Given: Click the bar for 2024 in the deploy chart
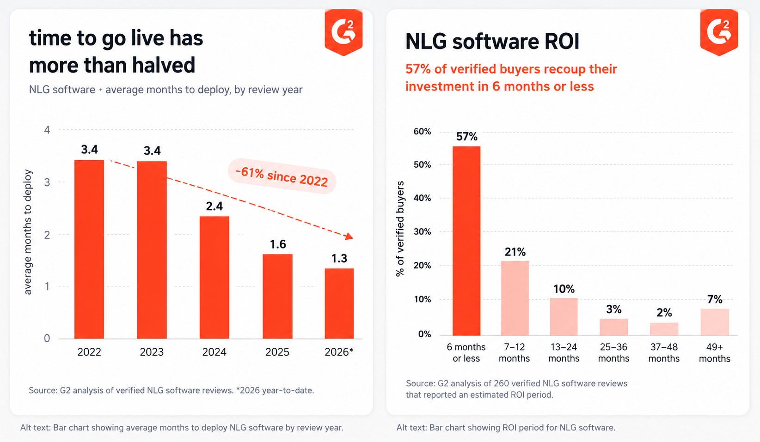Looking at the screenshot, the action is tap(215, 277).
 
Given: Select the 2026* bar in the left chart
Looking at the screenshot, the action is tap(339, 303).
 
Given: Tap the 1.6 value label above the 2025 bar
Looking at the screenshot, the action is tap(278, 244).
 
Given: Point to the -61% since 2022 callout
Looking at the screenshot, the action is tap(282, 176).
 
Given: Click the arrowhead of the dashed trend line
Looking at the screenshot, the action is tap(349, 236).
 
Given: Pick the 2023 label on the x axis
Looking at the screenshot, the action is tap(152, 352).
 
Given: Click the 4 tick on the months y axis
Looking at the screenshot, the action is tap(47, 130).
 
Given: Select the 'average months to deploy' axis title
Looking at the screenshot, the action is tap(28, 232).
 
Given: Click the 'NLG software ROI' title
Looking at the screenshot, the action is tap(492, 42).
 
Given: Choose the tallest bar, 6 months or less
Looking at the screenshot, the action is tap(466, 241).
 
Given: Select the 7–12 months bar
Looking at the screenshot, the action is tap(515, 298).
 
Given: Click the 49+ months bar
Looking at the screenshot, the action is tap(715, 322).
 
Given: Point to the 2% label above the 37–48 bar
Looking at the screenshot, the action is tap(664, 313).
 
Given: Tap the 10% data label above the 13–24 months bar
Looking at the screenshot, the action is tap(564, 289).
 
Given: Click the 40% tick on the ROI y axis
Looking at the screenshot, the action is tap(423, 198).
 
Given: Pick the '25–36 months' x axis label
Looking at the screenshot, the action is tap(613, 353).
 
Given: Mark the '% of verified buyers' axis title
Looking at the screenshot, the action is tap(400, 229).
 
